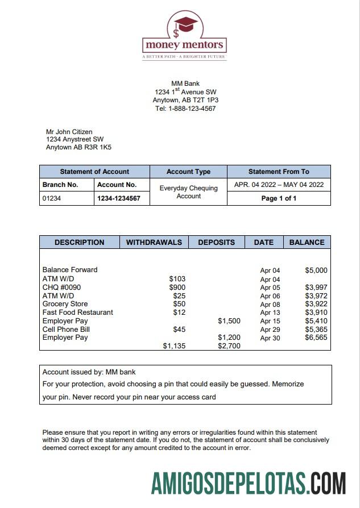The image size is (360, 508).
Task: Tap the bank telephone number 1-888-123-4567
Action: [192, 109]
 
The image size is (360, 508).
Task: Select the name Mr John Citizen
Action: [69, 132]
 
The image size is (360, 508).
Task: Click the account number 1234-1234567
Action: [119, 199]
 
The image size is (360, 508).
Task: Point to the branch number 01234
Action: [52, 199]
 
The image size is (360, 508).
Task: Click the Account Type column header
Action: [188, 172]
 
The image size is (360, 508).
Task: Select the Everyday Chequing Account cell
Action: [188, 192]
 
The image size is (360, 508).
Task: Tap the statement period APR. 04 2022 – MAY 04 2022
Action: [279, 185]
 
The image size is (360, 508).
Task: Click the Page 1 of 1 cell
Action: [279, 198]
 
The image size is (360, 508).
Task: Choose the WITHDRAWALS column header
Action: [154, 242]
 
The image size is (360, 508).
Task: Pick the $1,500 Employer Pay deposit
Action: [229, 321]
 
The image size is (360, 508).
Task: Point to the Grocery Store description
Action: [65, 304]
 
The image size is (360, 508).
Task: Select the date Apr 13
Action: [270, 313]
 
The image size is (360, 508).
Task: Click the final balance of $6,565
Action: [316, 338]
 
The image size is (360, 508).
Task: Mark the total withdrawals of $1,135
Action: [174, 345]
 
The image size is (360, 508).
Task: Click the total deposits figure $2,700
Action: [229, 345]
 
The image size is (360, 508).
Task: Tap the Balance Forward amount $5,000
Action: [316, 270]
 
